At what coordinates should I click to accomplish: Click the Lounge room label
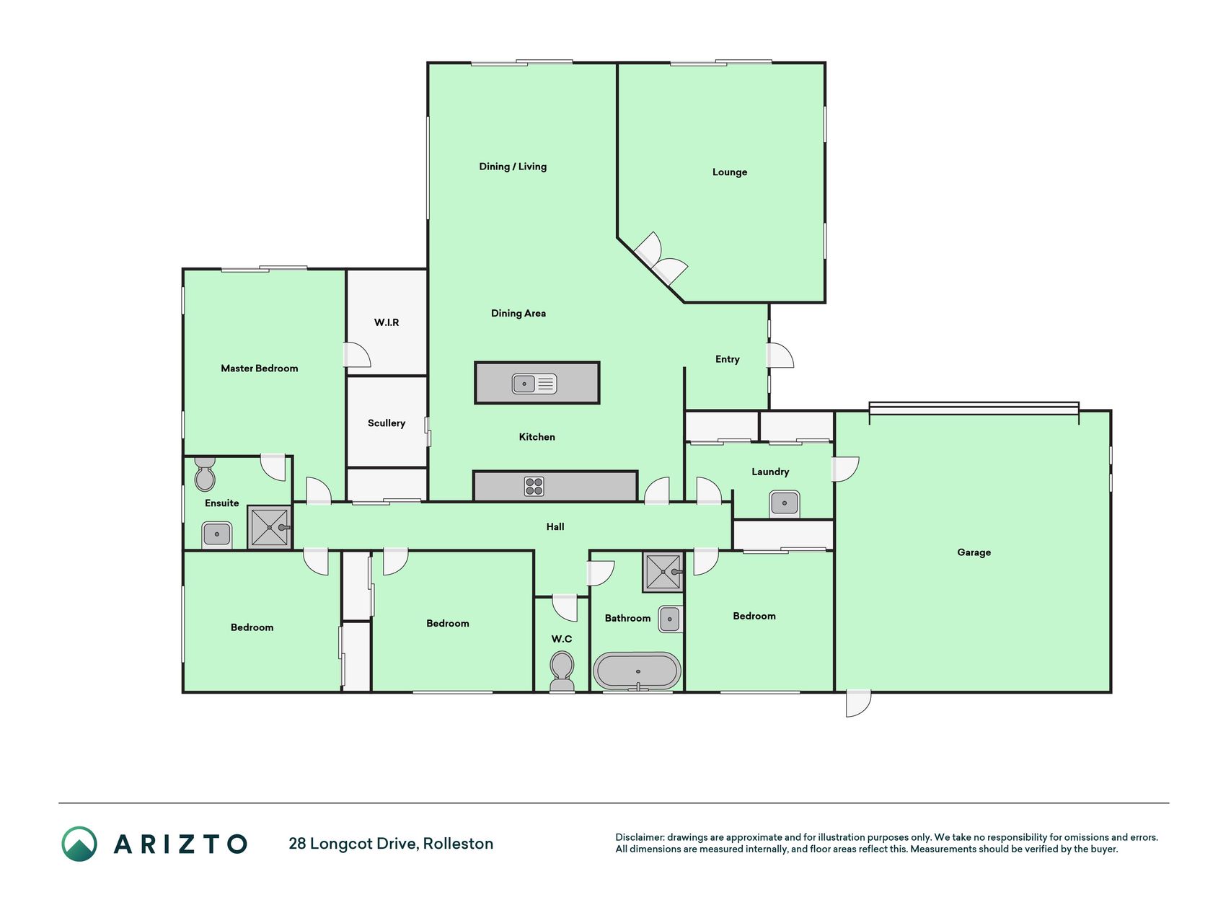[729, 172]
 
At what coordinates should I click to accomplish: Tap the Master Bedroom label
[259, 368]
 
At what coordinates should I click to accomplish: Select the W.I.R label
[387, 322]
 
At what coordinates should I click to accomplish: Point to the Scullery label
[387, 423]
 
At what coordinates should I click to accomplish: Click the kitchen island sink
[534, 384]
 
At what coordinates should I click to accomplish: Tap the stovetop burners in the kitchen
[534, 486]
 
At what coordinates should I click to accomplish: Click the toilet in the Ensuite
[205, 474]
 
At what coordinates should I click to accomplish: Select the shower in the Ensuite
[269, 527]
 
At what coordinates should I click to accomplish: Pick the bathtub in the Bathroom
[637, 671]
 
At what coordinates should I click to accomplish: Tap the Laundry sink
[784, 503]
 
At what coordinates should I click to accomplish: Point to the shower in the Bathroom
[663, 572]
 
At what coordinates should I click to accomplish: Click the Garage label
[974, 552]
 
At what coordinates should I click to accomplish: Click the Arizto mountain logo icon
[79, 844]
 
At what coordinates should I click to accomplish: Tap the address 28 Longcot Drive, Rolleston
[391, 844]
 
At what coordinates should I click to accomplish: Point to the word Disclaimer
[639, 837]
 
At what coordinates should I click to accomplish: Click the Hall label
[555, 527]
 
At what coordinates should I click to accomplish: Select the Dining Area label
[519, 314]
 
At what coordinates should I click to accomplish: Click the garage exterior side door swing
[858, 704]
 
